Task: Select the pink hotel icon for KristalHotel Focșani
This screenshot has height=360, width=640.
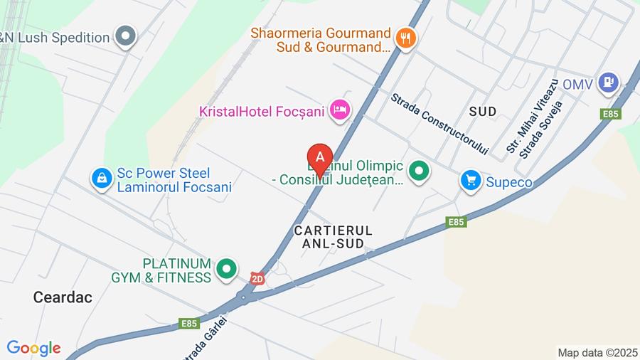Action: [x=341, y=110]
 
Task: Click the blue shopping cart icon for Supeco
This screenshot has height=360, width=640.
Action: [x=470, y=181]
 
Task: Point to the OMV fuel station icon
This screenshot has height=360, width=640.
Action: [x=608, y=83]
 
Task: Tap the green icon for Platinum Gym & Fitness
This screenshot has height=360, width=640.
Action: [x=227, y=269]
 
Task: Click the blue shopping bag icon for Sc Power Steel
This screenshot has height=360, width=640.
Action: [x=102, y=179]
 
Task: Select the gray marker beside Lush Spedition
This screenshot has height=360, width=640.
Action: [x=126, y=36]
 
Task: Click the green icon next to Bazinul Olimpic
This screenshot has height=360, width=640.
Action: [x=420, y=171]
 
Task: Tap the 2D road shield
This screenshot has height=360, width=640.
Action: [x=257, y=279]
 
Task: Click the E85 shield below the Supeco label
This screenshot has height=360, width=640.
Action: [x=457, y=222]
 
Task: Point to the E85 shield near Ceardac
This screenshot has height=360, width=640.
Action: [x=188, y=323]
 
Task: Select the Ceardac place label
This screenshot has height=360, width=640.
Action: [x=63, y=297]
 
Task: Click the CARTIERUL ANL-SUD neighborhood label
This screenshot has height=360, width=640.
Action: [x=333, y=237]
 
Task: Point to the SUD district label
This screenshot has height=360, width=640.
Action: [x=482, y=110]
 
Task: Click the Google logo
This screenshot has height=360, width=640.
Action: [x=33, y=348]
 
